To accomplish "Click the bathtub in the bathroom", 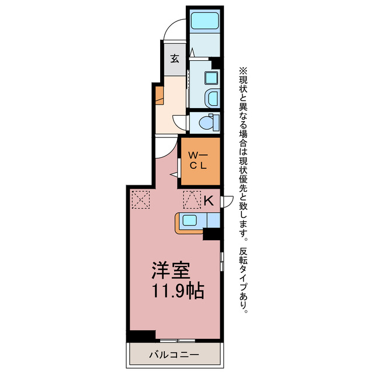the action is (x=205, y=21).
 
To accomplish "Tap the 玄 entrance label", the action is (x=175, y=58).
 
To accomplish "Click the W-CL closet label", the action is (x=198, y=161).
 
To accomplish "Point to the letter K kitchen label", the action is (x=209, y=200).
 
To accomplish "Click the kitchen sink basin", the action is (x=190, y=220).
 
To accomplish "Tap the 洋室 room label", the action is (x=171, y=271).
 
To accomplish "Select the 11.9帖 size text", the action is (x=178, y=291).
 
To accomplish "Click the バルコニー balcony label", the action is (x=174, y=355).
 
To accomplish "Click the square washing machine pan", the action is (x=212, y=78).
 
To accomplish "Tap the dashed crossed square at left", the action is (x=141, y=200).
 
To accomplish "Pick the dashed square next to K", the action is (x=192, y=200).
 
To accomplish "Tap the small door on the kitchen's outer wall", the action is (x=227, y=202).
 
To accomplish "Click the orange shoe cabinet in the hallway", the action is (x=160, y=95).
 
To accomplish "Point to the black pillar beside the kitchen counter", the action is (x=212, y=234).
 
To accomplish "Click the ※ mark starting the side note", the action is (x=243, y=71).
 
